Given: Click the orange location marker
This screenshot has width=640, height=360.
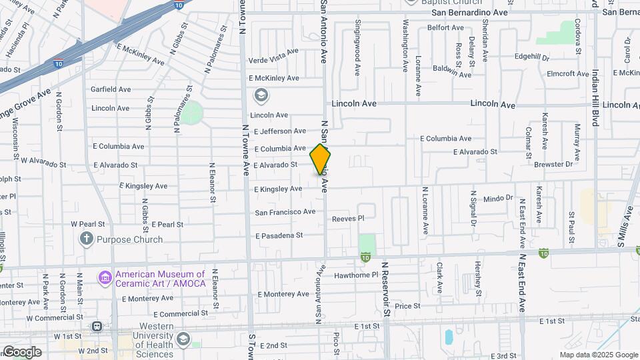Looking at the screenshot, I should point(320,161).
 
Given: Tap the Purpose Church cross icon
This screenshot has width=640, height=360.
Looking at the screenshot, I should point(87,239).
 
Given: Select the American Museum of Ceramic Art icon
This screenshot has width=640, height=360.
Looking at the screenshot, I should point(105,277).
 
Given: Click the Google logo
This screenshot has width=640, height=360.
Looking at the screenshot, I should point(22,351).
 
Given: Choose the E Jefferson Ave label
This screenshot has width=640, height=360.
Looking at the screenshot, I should point(280,131).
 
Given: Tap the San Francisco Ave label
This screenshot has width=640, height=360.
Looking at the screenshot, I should point(285,212).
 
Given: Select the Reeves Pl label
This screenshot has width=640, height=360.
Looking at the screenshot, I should point(348,218).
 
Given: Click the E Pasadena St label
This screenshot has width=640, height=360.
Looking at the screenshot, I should point(279,235).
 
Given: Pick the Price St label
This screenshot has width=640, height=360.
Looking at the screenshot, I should point(407,306).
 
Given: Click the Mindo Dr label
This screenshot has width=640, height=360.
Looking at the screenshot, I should point(498,198).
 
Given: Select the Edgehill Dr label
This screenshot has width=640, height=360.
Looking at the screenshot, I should point(531,57).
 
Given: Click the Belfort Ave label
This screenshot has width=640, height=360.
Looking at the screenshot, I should point(445,27).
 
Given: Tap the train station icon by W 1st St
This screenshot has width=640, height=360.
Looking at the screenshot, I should point(97,327).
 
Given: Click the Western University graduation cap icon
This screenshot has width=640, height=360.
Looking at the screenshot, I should point(182,340).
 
